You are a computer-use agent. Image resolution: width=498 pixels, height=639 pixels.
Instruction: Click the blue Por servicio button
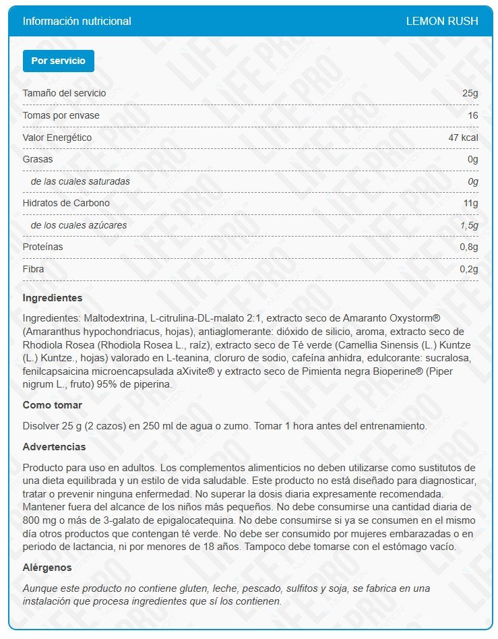point(59,61)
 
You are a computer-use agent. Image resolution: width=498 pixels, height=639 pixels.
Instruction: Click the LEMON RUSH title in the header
point(441,21)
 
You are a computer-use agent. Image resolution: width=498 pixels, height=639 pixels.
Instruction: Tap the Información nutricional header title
point(77,21)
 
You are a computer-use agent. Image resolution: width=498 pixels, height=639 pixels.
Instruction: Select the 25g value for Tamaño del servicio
point(470,93)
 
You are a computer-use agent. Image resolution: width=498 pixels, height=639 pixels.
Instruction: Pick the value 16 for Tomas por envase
point(472,115)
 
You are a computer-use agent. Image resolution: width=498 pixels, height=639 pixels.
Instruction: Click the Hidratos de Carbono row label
point(66,203)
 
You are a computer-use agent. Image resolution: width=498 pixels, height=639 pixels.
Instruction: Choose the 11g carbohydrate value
point(470,203)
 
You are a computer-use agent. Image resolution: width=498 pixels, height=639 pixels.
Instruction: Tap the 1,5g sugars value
point(469,225)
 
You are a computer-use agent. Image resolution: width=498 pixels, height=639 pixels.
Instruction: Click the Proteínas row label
point(42,247)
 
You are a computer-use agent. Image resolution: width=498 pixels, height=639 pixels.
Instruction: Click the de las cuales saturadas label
point(80,181)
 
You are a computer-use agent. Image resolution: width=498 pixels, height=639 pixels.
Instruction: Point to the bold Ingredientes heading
point(53,297)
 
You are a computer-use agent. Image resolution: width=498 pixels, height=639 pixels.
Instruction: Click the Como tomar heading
point(53,405)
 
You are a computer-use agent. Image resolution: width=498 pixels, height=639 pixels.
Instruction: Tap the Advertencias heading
point(54,447)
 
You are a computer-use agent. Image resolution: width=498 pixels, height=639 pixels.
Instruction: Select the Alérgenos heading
point(47,568)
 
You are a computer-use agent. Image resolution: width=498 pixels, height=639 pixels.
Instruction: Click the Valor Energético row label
point(57,138)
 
